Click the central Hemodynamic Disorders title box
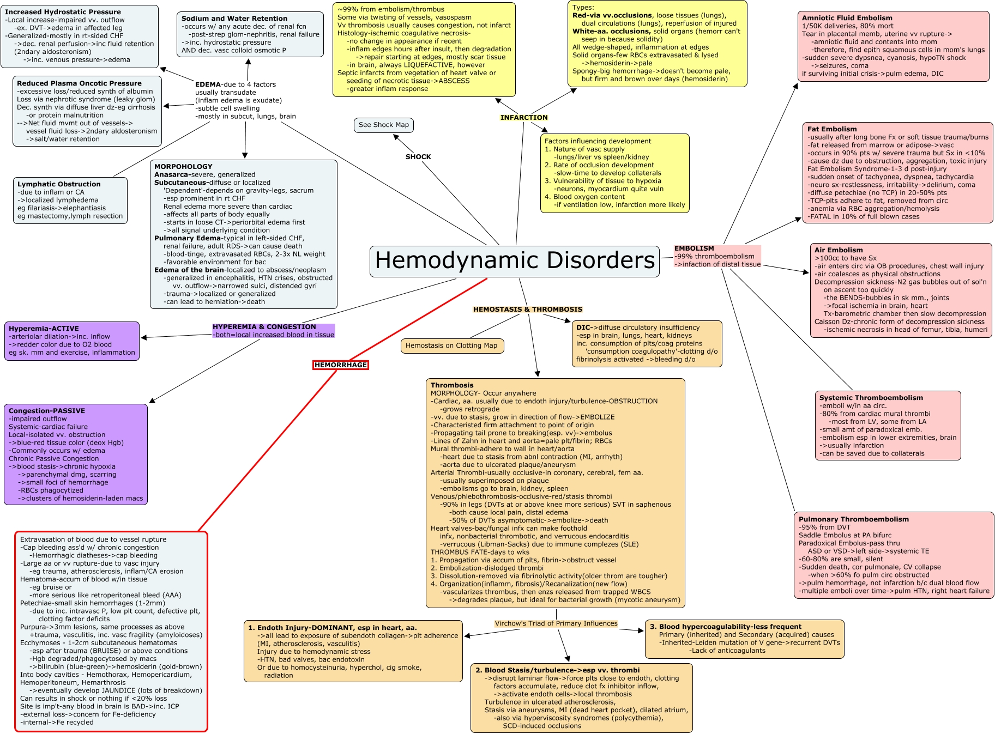pyautogui.click(x=515, y=261)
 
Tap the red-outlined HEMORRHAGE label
pyautogui.click(x=341, y=365)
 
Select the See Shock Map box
pyautogui.click(x=384, y=125)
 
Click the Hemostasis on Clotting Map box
pyautogui.click(x=451, y=345)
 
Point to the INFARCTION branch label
pyautogui.click(x=524, y=117)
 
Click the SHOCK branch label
pyautogui.click(x=418, y=157)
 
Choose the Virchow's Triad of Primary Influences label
pyautogui.click(x=556, y=623)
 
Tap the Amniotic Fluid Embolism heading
pyautogui.click(x=847, y=18)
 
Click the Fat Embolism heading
pyautogui.click(x=832, y=129)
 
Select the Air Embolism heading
pyautogui.click(x=839, y=250)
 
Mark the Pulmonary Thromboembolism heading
pyautogui.click(x=853, y=519)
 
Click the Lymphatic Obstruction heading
pyautogui.click(x=59, y=184)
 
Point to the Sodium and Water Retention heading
pyautogui.click(x=234, y=19)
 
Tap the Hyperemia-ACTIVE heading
pyautogui.click(x=44, y=329)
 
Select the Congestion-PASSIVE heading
pyautogui.click(x=47, y=411)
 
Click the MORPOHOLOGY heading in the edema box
pyautogui.click(x=183, y=167)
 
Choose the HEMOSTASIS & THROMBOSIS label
pyautogui.click(x=528, y=310)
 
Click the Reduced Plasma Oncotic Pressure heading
pyautogui.click(x=79, y=83)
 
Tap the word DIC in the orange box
pyautogui.click(x=583, y=327)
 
